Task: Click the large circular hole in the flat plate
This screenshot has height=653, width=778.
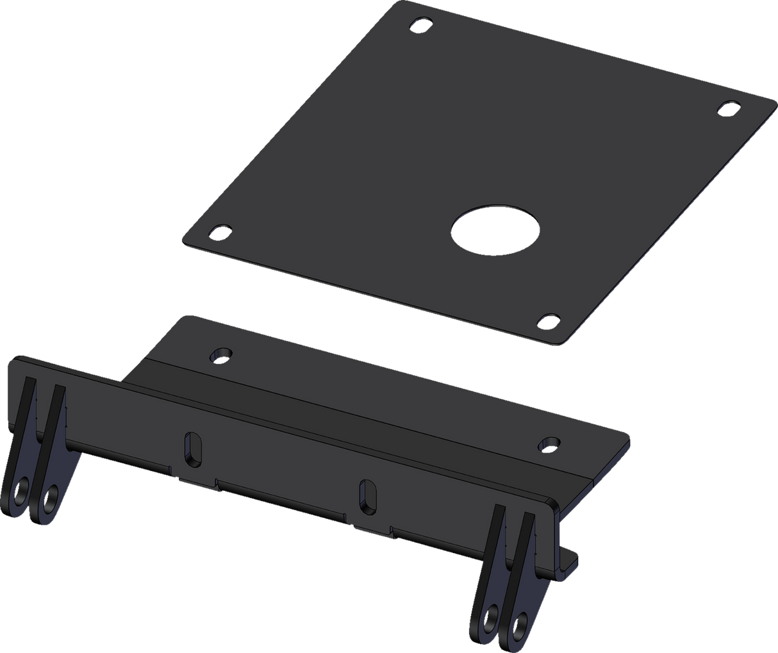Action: click(x=494, y=227)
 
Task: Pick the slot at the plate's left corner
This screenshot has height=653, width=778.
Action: click(x=221, y=229)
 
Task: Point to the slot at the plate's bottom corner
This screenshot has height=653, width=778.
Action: click(x=549, y=318)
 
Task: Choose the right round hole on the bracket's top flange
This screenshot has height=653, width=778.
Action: click(x=549, y=442)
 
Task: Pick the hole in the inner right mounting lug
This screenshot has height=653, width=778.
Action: click(x=492, y=620)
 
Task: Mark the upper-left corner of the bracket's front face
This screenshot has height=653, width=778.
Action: click(x=10, y=361)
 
